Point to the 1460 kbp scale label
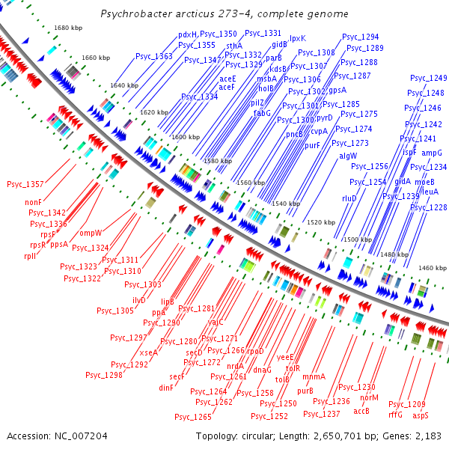click(x=432, y=267)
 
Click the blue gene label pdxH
click(x=187, y=34)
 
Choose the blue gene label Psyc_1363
click(x=154, y=56)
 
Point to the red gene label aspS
click(x=421, y=415)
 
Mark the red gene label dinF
click(x=166, y=388)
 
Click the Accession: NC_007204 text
click(x=57, y=436)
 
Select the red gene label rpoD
click(x=256, y=351)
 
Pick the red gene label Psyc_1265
click(x=193, y=417)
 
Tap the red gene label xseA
click(x=148, y=352)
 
